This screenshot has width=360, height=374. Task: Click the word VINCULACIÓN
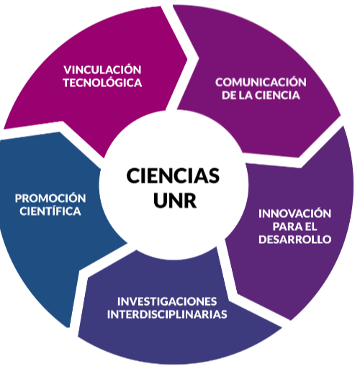(102, 70)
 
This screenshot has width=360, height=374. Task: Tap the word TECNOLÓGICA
(102, 83)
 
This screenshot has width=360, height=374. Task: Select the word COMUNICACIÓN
(261, 82)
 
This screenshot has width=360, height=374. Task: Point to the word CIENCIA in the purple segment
(277, 95)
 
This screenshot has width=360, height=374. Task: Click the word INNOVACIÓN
(294, 214)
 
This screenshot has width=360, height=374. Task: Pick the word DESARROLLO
(295, 240)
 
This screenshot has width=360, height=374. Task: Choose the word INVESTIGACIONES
(167, 301)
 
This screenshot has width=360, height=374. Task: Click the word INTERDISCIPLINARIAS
(167, 314)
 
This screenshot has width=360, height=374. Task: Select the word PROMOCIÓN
(50, 199)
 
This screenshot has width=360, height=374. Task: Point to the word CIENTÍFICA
(50, 211)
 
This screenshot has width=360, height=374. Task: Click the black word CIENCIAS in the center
(173, 175)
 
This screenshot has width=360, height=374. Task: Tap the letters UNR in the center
(175, 200)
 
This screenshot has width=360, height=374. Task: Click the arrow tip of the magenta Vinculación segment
(187, 58)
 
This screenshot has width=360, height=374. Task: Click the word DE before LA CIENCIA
(229, 95)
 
